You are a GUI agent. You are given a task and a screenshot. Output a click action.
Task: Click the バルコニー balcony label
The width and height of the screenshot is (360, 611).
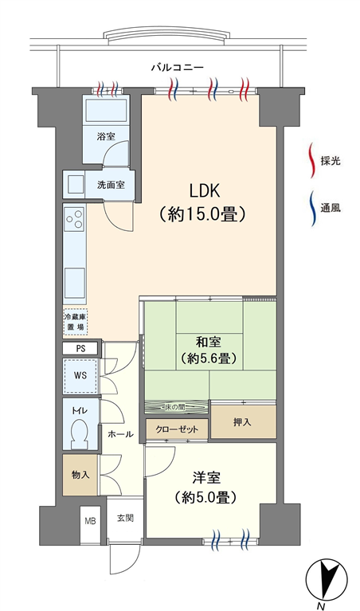(178, 68)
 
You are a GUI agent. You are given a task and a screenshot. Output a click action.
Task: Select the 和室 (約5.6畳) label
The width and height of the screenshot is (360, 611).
(209, 351)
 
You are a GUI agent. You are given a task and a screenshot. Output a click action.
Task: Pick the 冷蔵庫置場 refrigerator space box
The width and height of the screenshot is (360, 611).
(75, 322)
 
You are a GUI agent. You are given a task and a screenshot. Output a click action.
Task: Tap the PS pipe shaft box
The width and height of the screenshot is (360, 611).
(80, 349)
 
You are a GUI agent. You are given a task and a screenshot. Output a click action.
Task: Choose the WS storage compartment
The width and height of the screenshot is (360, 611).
(80, 376)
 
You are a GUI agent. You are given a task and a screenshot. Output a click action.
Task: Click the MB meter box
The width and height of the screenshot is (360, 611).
(90, 521)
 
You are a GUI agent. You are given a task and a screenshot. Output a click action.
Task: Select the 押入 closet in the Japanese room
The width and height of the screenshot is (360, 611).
(243, 422)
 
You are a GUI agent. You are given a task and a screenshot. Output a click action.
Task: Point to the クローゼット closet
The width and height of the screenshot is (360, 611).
(177, 429)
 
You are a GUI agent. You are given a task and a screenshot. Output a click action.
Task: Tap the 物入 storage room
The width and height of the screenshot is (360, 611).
(80, 475)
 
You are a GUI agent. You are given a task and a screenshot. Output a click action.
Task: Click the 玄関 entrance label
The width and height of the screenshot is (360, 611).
(126, 519)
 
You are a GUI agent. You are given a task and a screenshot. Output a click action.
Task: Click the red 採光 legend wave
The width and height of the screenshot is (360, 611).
(312, 161)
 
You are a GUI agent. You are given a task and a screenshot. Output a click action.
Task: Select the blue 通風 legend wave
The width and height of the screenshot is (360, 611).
(312, 208)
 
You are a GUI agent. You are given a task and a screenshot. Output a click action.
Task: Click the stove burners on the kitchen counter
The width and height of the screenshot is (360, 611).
(74, 217)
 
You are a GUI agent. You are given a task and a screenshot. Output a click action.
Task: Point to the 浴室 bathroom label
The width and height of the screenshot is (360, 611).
(106, 136)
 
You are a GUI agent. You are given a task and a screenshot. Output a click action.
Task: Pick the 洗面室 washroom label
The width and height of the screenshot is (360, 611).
(111, 184)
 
